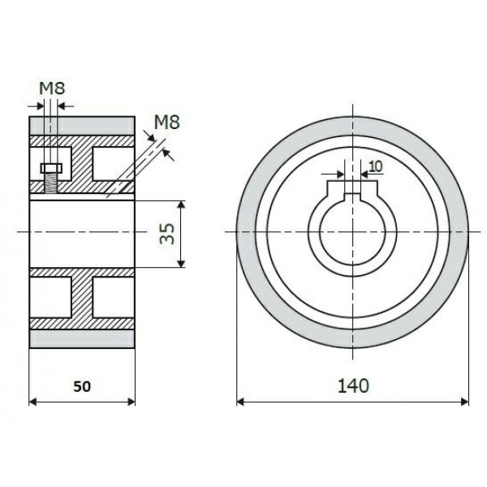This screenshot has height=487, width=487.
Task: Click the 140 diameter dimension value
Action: point(352,384)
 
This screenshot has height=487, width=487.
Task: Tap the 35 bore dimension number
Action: point(166,234)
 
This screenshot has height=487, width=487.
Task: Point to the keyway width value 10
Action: point(375,166)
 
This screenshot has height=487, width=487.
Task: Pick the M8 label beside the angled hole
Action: point(166,123)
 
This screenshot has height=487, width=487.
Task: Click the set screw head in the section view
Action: point(50,168)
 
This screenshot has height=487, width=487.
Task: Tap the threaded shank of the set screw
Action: point(50,184)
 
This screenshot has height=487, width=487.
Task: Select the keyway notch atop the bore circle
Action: point(352,190)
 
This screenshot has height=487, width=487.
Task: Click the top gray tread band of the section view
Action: point(82,126)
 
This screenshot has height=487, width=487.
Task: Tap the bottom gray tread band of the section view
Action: point(82,338)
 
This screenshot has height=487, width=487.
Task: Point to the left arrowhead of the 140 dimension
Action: point(241,400)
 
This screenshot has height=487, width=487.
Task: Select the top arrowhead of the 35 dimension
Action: point(179,204)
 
